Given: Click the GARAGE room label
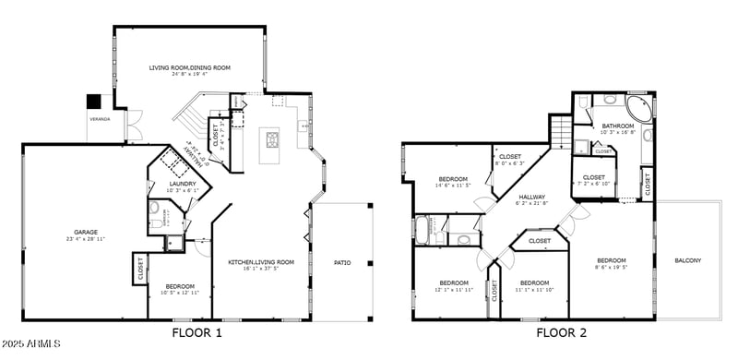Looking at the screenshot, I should coord(86,232).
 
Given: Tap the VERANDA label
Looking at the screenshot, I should coord(99,120).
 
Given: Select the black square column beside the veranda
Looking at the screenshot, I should coord(93,102).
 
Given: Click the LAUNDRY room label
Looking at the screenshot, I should coord(183,184).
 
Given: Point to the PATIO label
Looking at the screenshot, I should coord(341,263).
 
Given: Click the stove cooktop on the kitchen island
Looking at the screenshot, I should coord(273,140).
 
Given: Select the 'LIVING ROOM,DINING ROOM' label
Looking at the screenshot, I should coord(190,67).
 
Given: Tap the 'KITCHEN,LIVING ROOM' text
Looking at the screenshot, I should coord(261,262).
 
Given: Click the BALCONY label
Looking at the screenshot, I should coord(687,260).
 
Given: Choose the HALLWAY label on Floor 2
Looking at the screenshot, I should coord(531,196).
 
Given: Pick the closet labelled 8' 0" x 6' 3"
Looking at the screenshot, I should coord(510,163).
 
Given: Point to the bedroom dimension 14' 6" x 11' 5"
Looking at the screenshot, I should coord(452,186).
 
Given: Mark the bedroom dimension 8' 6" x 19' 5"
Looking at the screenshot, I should coord(611,267).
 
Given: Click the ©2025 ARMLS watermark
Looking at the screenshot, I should coord(31,345).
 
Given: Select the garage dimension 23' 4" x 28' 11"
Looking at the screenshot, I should coord(86,238).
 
